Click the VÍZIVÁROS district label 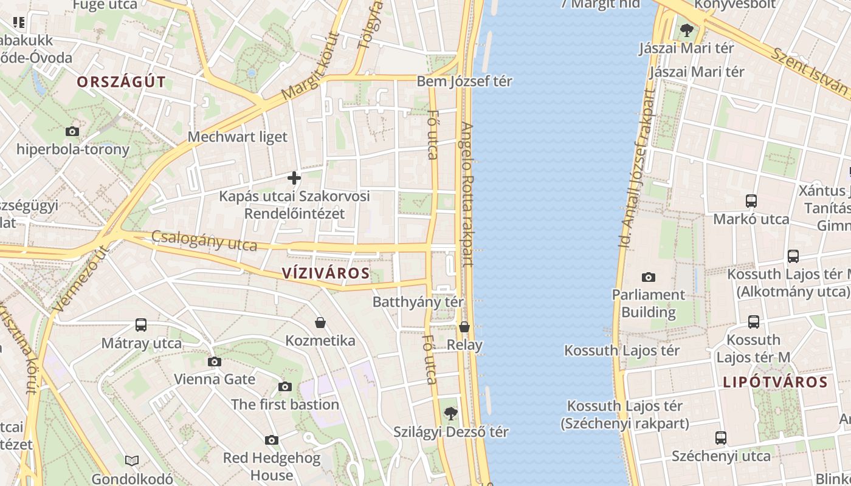click(x=326, y=273)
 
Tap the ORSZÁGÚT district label click(x=121, y=82)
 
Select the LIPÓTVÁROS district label click(x=776, y=382)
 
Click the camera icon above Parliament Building click(x=649, y=277)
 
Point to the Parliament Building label click(x=649, y=303)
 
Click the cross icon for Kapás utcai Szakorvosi click(x=294, y=178)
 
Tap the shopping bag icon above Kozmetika click(x=320, y=322)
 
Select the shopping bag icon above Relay click(x=464, y=327)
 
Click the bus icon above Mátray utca click(x=141, y=325)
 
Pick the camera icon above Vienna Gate click(x=214, y=361)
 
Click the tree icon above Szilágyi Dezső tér click(x=450, y=414)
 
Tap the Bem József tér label click(x=464, y=81)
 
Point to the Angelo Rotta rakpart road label click(x=467, y=194)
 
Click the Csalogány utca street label click(x=204, y=241)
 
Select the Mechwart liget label click(x=237, y=137)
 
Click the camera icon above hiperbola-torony click(x=72, y=131)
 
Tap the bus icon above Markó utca click(x=751, y=201)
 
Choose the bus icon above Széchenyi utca click(x=721, y=437)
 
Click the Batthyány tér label click(x=418, y=302)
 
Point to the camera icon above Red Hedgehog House click(x=272, y=440)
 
